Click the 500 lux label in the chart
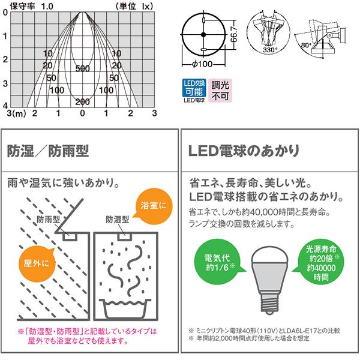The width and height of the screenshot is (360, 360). pyautogui.click(x=83, y=69)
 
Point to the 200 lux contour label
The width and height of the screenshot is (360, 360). pyautogui.click(x=82, y=101)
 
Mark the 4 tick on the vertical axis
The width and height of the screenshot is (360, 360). pyautogui.click(x=5, y=104)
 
